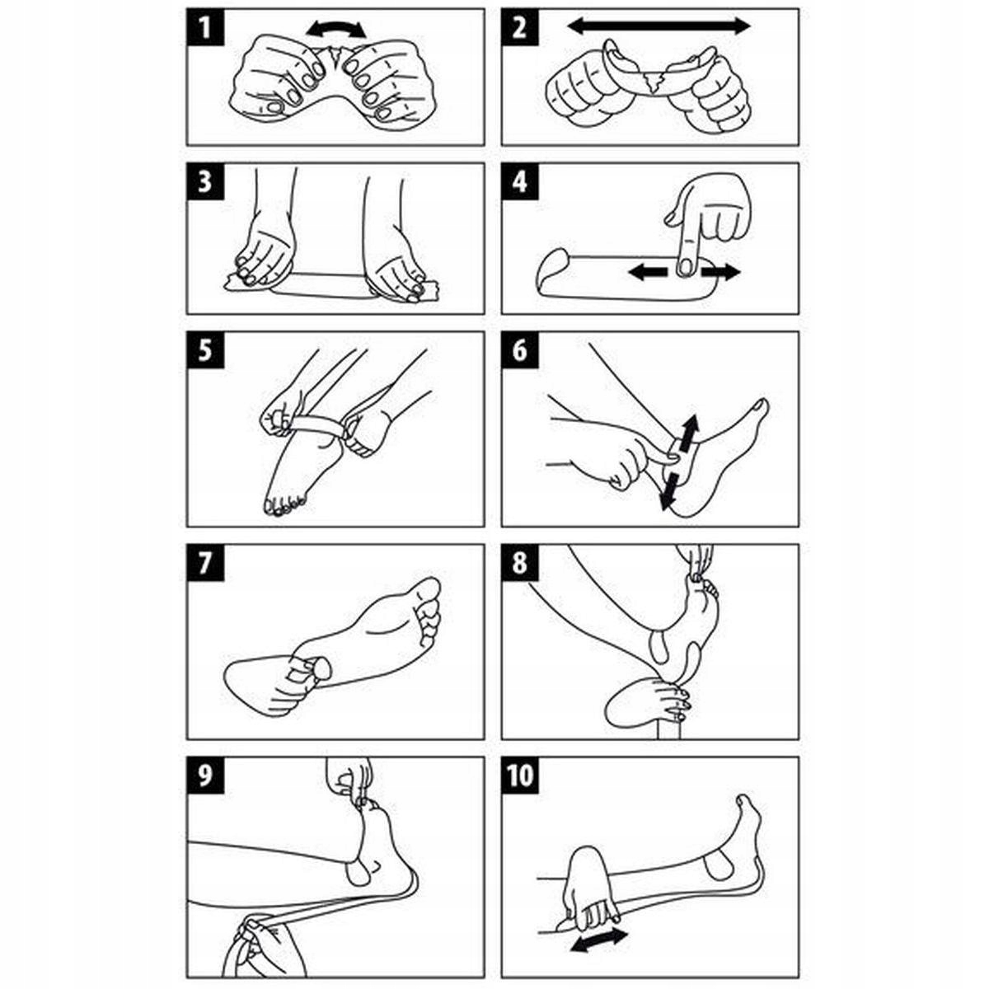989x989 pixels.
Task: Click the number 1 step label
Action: click(205, 28)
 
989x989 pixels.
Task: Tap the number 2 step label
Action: click(520, 28)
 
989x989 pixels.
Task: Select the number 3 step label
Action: click(205, 181)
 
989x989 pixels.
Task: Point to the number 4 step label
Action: click(520, 181)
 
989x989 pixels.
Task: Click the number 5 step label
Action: click(205, 350)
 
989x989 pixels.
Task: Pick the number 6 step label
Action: click(520, 350)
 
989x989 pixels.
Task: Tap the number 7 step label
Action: click(205, 563)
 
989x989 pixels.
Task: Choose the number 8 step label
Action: click(520, 563)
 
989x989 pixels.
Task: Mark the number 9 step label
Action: click(205, 776)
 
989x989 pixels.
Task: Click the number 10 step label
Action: click(520, 776)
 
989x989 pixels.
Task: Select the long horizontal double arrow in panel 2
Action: click(659, 26)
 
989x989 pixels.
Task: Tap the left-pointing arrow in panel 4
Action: click(649, 273)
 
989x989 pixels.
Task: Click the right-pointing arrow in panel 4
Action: click(720, 273)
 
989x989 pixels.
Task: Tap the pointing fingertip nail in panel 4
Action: click(685, 268)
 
